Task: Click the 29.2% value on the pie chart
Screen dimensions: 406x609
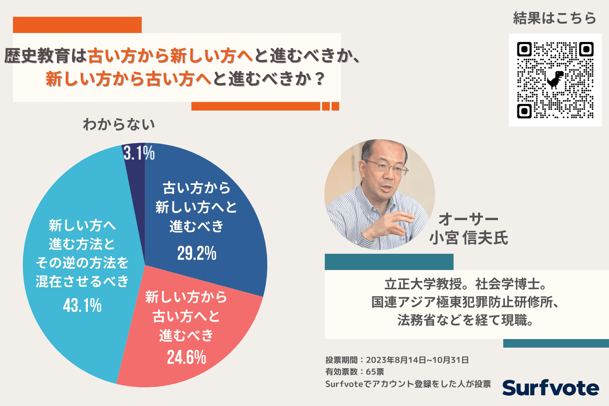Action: (x=197, y=253)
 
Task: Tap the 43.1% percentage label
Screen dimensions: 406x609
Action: (x=82, y=305)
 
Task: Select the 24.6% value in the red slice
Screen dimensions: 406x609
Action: (x=187, y=357)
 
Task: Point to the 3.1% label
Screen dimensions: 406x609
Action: (x=139, y=153)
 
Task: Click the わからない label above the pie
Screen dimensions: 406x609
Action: (x=119, y=124)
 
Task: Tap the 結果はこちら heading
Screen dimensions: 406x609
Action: (x=555, y=18)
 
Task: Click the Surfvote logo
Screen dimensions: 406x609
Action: (x=551, y=388)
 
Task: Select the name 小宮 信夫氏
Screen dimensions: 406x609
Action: (x=468, y=238)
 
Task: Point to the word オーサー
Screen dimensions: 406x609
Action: (x=468, y=219)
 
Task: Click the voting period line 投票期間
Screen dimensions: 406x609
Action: (x=397, y=360)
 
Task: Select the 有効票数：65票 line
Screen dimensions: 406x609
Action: (x=355, y=372)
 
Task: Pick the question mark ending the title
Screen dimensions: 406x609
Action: (x=320, y=78)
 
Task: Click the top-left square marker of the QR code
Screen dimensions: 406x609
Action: (x=524, y=49)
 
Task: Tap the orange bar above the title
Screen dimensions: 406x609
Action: (x=77, y=25)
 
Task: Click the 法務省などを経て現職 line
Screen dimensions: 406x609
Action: (x=465, y=320)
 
